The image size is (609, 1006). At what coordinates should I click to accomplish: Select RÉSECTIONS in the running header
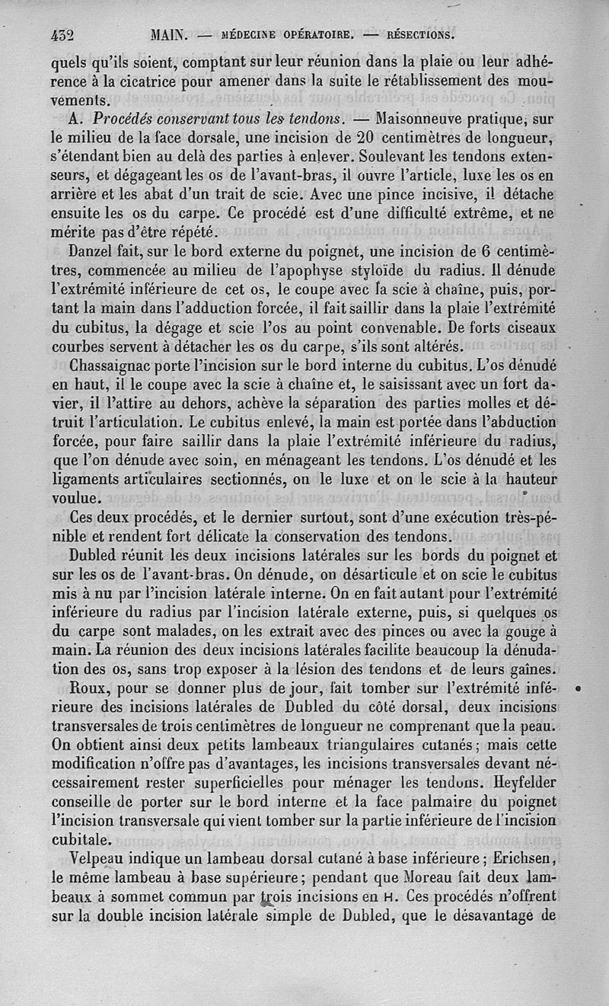(x=421, y=34)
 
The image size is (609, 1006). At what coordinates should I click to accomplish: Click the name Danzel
(x=91, y=250)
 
